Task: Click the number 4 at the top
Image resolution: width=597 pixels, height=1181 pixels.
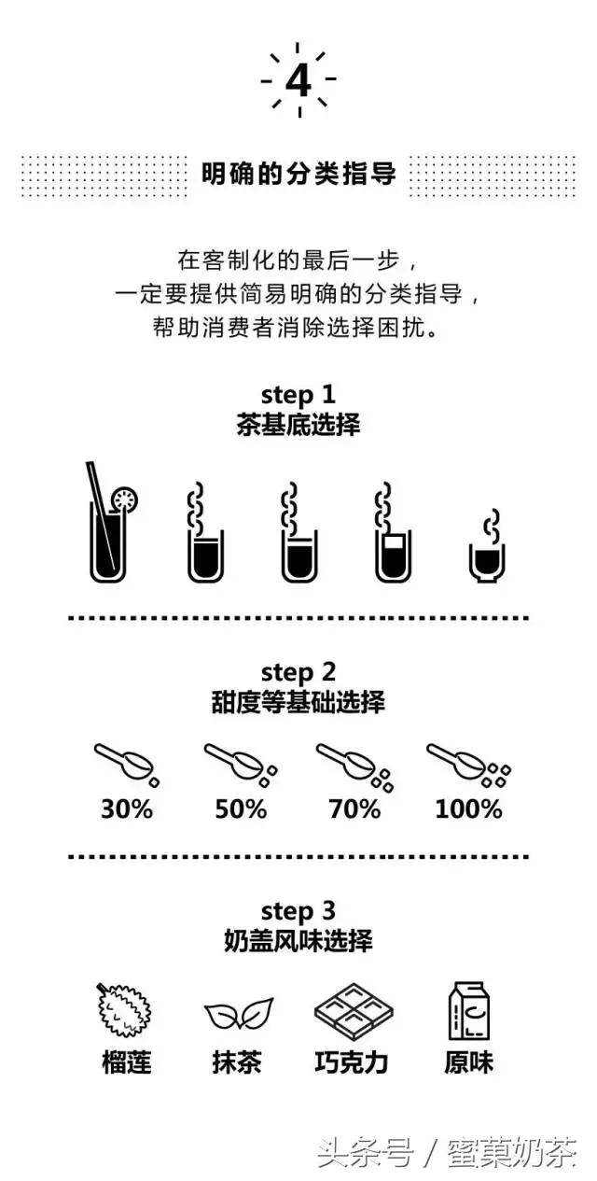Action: pyautogui.click(x=298, y=82)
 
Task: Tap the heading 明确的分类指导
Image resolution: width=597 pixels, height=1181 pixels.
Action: pyautogui.click(x=298, y=175)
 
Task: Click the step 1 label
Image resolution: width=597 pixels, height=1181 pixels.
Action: pyautogui.click(x=298, y=394)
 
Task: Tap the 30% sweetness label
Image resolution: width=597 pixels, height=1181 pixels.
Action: pyautogui.click(x=127, y=808)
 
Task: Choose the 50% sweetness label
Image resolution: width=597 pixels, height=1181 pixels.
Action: pyautogui.click(x=241, y=808)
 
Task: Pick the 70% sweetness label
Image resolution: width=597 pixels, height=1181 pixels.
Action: pyautogui.click(x=354, y=808)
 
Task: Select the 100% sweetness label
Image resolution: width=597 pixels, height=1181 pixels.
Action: pyautogui.click(x=468, y=808)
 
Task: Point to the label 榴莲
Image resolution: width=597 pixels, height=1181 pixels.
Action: pyautogui.click(x=126, y=1062)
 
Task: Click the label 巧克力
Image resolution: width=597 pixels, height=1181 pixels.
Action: pyautogui.click(x=352, y=1062)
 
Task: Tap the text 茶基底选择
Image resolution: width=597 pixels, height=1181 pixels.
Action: pyautogui.click(x=298, y=426)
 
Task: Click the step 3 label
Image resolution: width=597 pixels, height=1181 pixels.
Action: pyautogui.click(x=298, y=910)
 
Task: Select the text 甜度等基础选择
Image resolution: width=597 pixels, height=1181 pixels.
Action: pyautogui.click(x=298, y=702)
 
